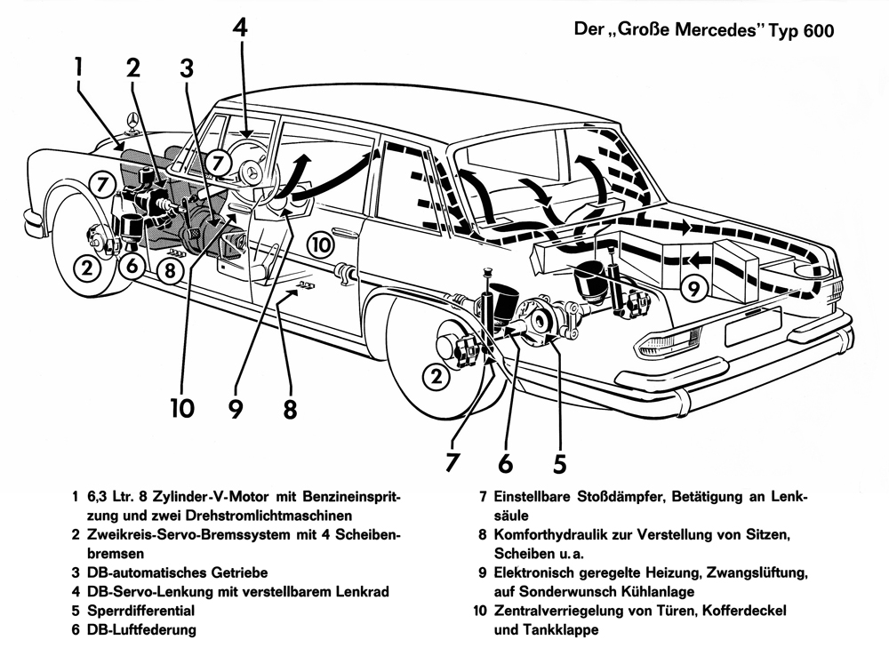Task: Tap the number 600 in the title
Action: tap(815, 32)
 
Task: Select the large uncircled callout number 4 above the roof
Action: tap(240, 28)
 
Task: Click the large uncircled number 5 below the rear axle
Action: tap(558, 463)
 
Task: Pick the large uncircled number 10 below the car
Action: tap(182, 408)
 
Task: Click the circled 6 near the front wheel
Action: tap(132, 265)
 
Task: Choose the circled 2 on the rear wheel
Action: tap(436, 378)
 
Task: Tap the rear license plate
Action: tap(752, 326)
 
